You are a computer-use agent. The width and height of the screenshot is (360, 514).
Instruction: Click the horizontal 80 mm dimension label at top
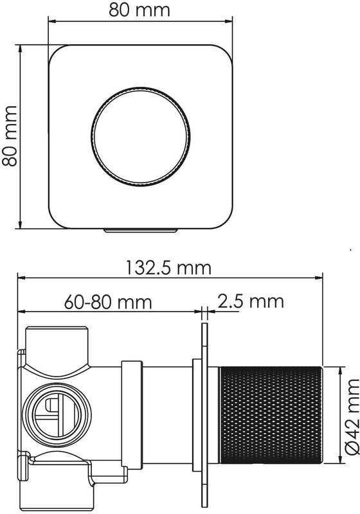click(139, 10)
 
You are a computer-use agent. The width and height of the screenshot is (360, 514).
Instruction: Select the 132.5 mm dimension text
click(169, 268)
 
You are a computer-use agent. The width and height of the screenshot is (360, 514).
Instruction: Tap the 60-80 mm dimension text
click(108, 302)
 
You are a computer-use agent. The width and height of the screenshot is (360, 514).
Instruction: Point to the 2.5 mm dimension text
click(251, 301)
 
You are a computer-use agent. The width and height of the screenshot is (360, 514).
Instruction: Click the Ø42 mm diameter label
click(352, 417)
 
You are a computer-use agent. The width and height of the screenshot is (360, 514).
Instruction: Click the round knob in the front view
click(141, 136)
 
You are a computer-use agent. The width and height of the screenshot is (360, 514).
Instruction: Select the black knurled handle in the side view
click(271, 416)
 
